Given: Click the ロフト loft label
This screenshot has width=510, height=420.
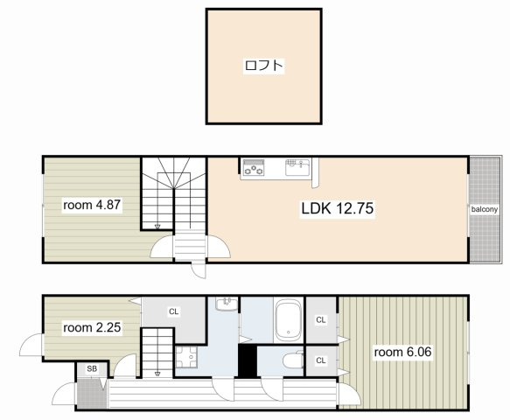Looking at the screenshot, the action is point(263,66).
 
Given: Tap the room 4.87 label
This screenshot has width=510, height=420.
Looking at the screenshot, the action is point(92,205).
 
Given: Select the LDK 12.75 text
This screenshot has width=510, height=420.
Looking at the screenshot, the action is point(338,208).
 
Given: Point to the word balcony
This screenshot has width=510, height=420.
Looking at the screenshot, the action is point(485,209).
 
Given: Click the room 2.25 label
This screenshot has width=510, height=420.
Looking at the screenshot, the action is point(92,327).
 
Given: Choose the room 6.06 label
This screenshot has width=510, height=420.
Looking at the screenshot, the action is point(402,352).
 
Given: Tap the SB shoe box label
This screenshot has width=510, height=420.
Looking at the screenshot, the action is point(92,369).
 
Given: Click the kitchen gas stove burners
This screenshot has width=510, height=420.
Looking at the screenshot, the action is point(254,167).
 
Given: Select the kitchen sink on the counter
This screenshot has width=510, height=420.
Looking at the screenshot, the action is point(297,167).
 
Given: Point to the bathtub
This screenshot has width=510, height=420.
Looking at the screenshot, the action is point(288,320).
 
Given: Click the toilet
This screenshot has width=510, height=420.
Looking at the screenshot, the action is point(293,360).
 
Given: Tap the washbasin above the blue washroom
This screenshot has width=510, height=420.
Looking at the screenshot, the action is point(227,304).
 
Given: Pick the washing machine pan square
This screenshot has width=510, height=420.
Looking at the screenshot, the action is point(186,357).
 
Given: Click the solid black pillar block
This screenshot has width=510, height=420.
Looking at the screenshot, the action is point(248,360).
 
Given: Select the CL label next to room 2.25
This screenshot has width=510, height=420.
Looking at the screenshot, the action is point(174,311).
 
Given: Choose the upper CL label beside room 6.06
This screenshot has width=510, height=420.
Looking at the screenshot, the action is point(321,319).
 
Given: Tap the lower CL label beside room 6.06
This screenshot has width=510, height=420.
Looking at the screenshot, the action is point(321,360).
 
